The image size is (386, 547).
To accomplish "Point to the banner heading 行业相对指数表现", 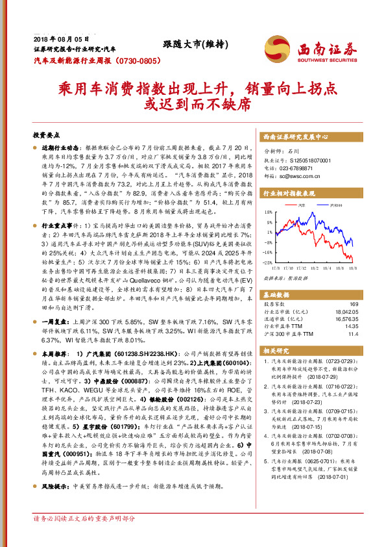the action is click(289, 194).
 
